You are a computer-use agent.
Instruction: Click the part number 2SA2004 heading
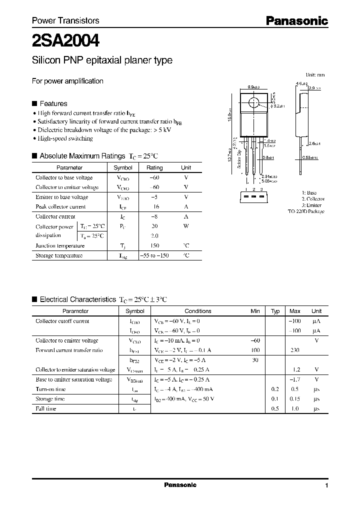[65, 39]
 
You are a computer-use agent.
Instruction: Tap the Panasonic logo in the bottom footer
[180, 485]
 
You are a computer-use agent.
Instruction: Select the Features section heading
[53, 103]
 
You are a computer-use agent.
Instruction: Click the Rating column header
[154, 168]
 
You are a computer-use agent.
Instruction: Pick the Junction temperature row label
[60, 245]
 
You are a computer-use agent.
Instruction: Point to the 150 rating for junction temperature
[154, 245]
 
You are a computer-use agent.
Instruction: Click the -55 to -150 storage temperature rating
[154, 255]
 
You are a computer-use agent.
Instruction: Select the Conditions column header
[198, 311]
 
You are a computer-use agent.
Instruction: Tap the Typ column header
[275, 311]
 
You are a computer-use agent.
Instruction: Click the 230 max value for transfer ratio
[295, 350]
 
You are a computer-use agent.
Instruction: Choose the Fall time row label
[46, 409]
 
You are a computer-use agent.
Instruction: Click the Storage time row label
[50, 399]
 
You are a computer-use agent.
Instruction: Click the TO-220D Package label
[306, 211]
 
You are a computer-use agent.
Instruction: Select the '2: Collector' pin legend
[313, 199]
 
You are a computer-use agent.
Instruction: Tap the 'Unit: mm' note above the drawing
[315, 74]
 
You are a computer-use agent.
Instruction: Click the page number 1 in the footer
[326, 485]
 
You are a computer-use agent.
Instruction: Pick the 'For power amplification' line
[67, 81]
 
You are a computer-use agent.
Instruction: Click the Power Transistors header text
[65, 20]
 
